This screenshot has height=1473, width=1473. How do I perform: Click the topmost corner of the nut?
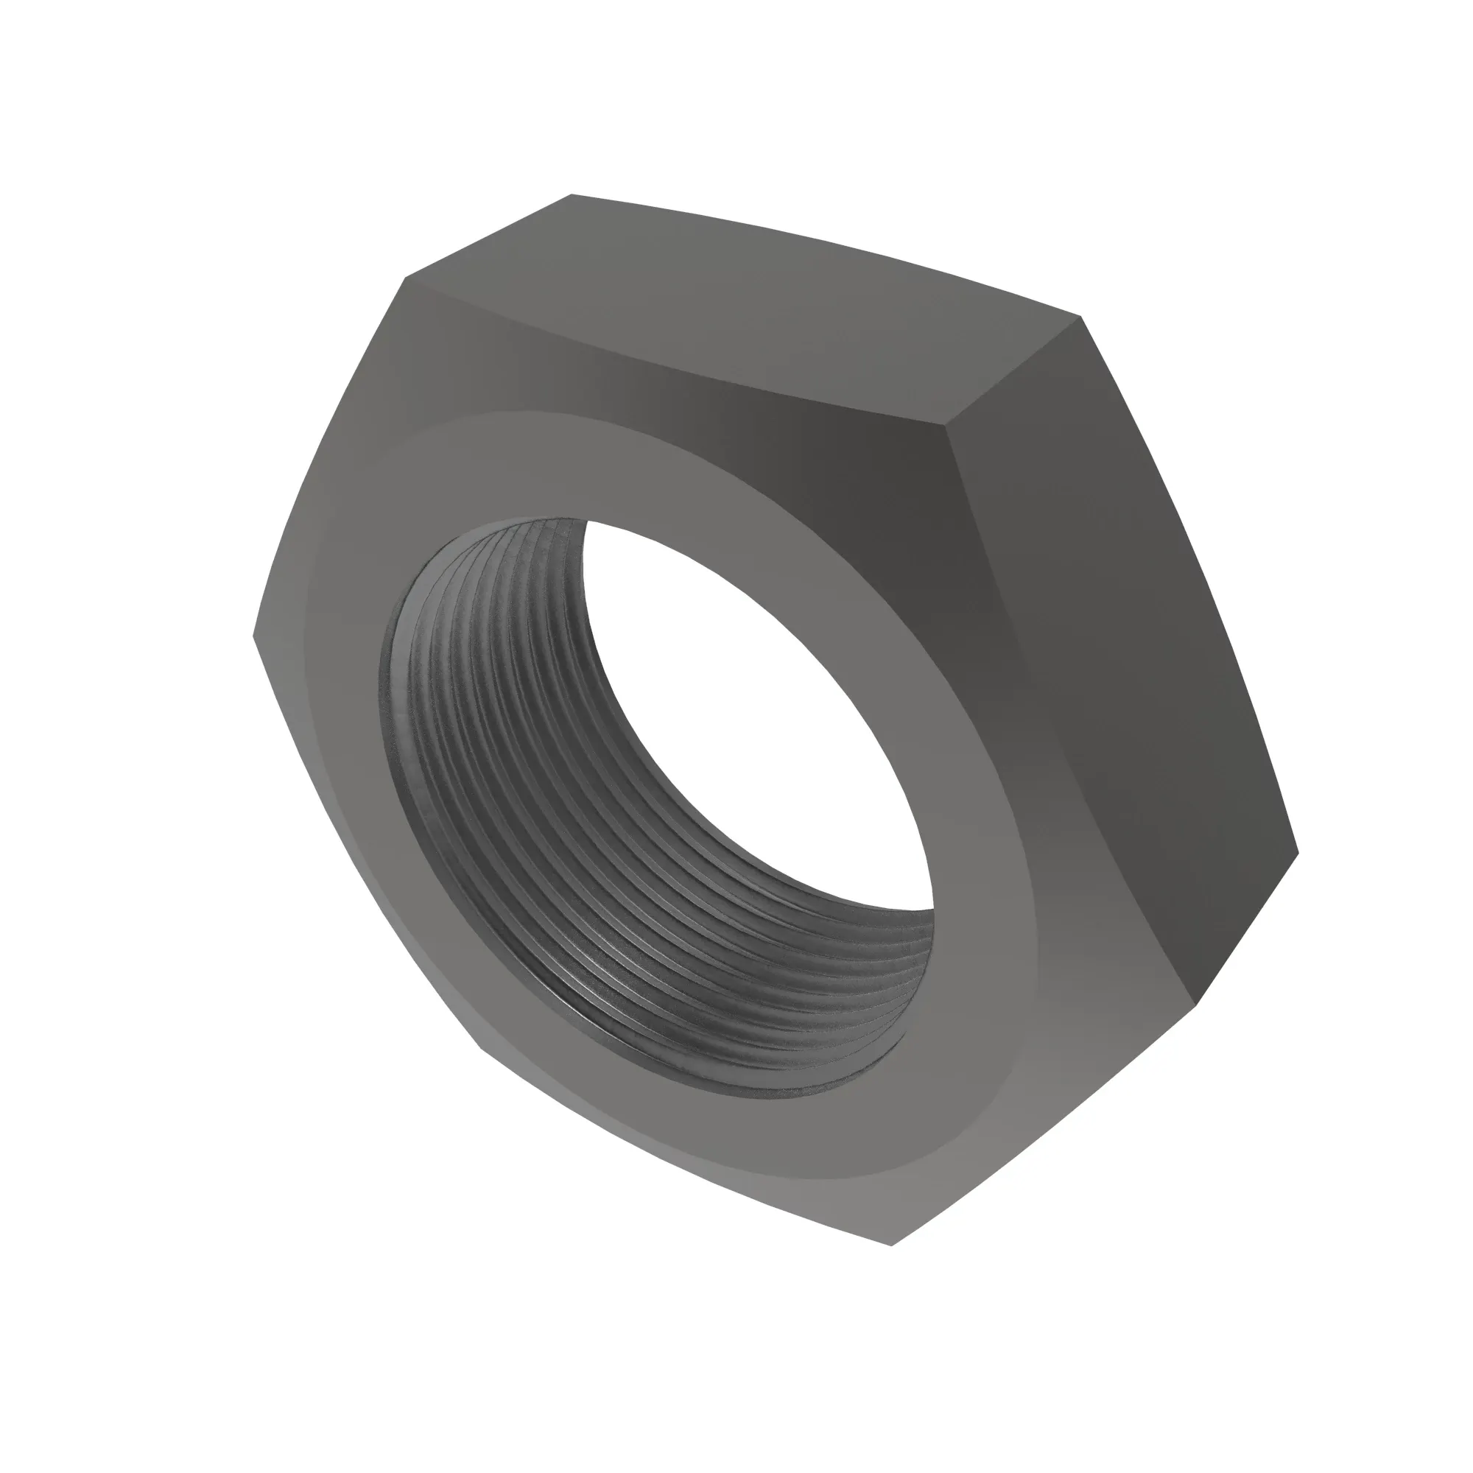[x=572, y=195]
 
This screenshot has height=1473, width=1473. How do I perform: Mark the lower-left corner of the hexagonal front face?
[x=480, y=1044]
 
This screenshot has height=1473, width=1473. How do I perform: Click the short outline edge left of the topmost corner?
[x=488, y=236]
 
